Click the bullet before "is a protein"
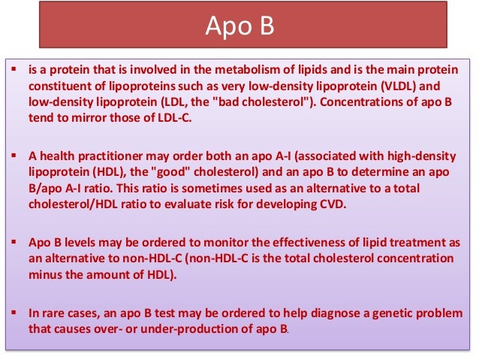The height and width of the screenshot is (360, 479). [17, 70]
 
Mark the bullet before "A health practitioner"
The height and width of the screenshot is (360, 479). [17, 156]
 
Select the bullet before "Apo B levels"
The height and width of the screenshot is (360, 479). [17, 242]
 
